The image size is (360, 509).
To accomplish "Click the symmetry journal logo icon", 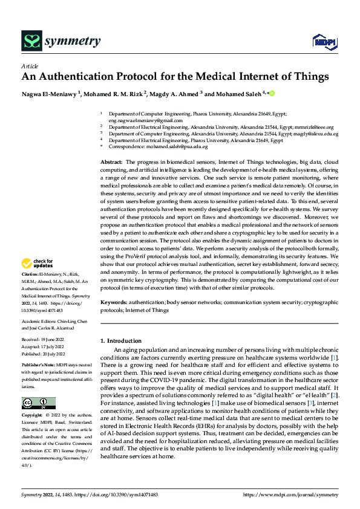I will click(x=31, y=41).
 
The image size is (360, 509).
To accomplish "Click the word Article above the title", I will click(x=30, y=66).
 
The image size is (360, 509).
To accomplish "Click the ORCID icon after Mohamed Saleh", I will click(x=272, y=94).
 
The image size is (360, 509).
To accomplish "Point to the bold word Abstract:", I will click(x=111, y=163).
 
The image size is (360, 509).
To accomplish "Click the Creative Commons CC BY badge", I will click(x=38, y=386).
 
